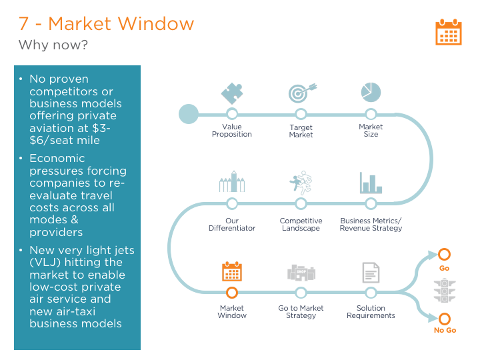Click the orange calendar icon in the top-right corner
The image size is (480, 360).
(x=448, y=32)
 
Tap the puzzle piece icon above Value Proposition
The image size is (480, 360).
(x=231, y=93)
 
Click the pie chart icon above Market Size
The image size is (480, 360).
(x=371, y=92)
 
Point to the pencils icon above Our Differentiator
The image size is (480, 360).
(x=231, y=182)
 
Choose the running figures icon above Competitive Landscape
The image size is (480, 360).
(x=301, y=182)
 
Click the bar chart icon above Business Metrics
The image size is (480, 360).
(x=371, y=183)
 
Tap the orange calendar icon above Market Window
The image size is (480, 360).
(x=231, y=271)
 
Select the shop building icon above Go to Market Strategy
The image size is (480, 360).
(x=301, y=272)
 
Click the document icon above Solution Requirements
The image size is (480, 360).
(x=371, y=272)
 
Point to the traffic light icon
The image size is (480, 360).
(x=444, y=292)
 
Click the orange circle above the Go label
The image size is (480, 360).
(x=444, y=255)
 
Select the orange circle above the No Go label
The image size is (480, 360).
(x=444, y=319)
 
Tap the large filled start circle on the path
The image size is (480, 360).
(x=189, y=114)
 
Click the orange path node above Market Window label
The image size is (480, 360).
(x=232, y=293)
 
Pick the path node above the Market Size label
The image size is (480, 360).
(x=371, y=114)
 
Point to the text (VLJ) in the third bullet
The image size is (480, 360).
(x=43, y=262)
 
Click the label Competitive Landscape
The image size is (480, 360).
(x=301, y=225)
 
